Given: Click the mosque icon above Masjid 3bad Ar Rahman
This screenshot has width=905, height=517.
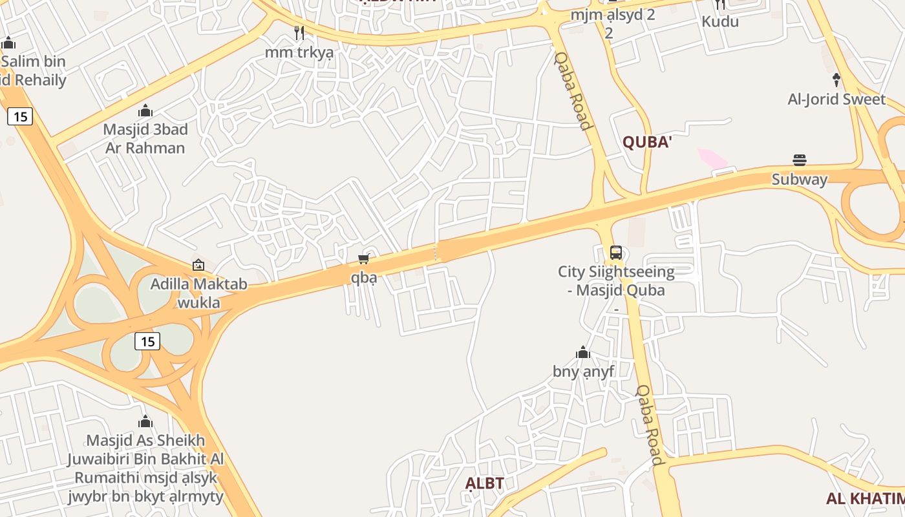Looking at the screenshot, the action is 145,111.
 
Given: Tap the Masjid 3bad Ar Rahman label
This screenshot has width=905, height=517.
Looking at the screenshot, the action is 145,138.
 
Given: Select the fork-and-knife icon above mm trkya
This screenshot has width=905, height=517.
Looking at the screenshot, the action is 299,32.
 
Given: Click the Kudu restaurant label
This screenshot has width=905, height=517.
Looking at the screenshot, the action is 720,21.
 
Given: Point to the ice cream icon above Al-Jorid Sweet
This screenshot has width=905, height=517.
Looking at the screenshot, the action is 836,79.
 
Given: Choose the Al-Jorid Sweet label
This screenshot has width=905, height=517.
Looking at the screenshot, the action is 836,100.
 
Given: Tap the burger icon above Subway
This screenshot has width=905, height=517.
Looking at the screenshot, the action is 800,160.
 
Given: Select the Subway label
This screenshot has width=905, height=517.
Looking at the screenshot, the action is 800,179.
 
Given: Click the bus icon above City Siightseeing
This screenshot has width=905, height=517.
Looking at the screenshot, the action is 616,253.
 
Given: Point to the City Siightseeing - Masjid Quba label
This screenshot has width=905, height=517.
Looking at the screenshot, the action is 616,281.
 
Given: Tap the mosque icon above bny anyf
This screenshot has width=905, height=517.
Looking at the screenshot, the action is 583,352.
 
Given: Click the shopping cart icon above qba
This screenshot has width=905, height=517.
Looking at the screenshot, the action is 363,259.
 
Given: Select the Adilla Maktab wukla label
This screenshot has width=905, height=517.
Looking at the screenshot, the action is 198,293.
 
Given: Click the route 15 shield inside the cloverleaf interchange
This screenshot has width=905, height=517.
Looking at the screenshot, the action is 147,341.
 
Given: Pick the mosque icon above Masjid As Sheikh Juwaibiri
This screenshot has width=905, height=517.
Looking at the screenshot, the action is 145,422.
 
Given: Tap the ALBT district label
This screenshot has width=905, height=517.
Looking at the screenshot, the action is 485,483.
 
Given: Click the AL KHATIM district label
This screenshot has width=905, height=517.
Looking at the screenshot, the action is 865,498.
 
